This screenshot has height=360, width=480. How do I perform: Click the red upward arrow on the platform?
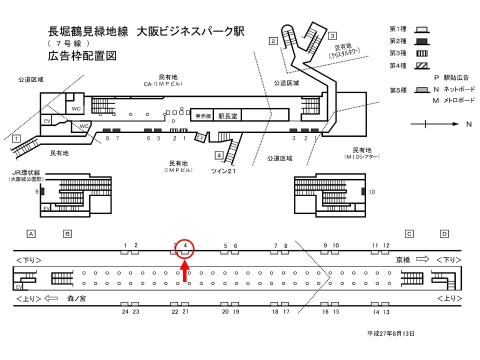(x=185, y=273)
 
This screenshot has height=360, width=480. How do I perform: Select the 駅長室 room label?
(x=227, y=115)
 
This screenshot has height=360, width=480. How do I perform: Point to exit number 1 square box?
(x=16, y=138)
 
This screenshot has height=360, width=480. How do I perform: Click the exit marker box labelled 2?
(x=273, y=41)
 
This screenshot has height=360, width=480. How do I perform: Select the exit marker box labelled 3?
(x=332, y=35)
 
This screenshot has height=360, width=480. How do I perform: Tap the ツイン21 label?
(x=223, y=171)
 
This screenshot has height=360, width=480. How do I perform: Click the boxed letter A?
(x=31, y=233)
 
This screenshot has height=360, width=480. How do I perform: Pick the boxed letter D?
(x=444, y=233)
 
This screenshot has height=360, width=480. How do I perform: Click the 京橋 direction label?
(x=403, y=260)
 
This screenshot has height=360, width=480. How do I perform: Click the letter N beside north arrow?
(x=468, y=124)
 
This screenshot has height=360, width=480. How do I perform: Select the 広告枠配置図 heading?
(x=82, y=55)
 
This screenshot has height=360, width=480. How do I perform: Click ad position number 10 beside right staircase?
(x=371, y=192)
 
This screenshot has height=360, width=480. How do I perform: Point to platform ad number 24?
(x=125, y=311)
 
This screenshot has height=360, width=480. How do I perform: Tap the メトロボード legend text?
(x=459, y=100)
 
